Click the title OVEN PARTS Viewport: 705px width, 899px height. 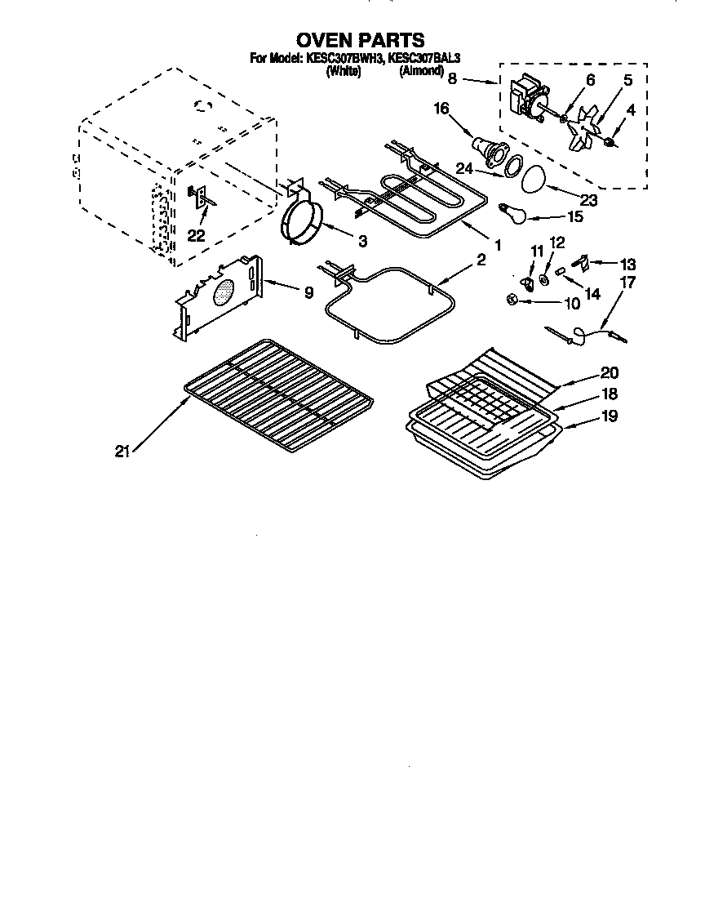point(360,40)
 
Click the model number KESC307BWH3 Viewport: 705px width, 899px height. point(344,59)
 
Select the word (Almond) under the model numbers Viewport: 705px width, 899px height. point(422,71)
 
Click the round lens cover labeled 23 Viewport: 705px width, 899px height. point(536,179)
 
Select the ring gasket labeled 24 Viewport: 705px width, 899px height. point(512,167)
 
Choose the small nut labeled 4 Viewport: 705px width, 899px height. point(610,144)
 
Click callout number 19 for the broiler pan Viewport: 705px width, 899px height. point(610,416)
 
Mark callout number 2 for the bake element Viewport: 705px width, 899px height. point(481,260)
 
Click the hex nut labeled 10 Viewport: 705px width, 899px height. point(510,300)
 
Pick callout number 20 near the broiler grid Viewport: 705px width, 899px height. point(610,373)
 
